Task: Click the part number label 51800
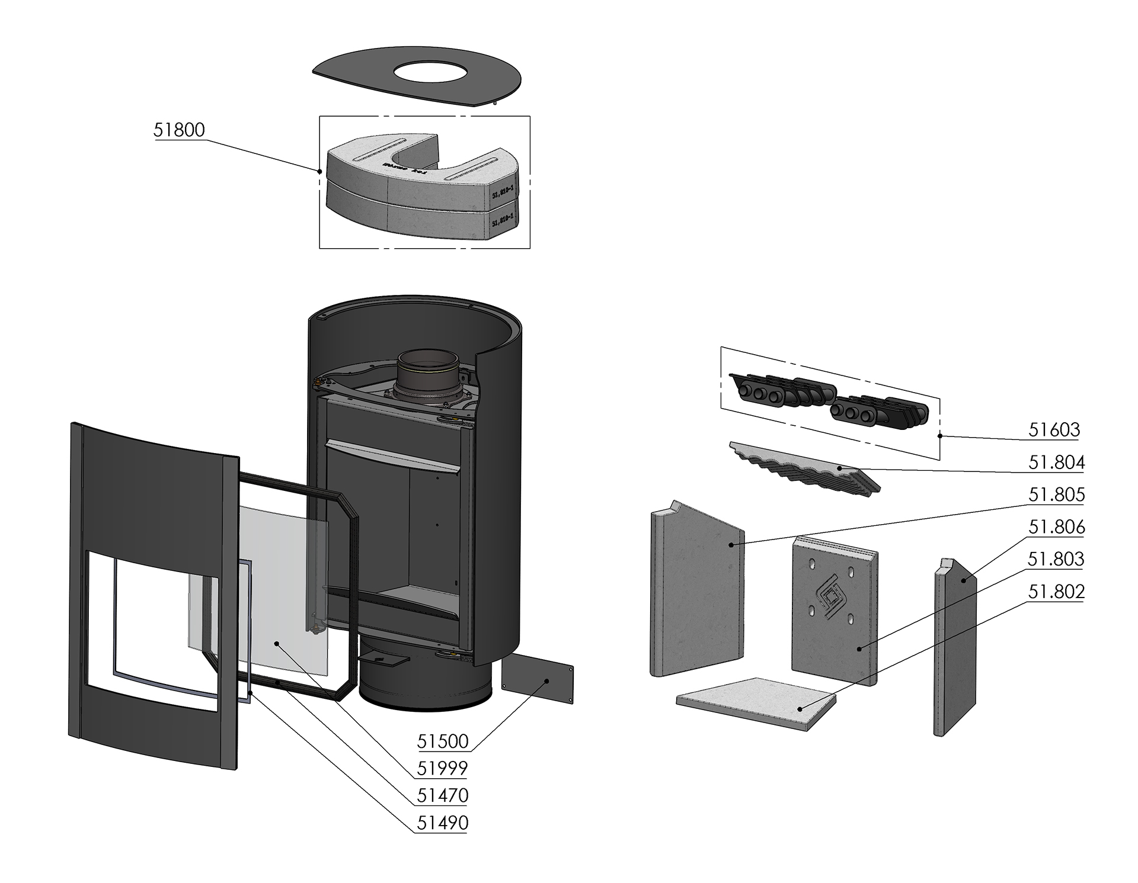tap(179, 130)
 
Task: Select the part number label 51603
tap(1054, 429)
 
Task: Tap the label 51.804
tap(1056, 462)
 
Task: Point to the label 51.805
tap(1056, 495)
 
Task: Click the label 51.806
tap(1056, 526)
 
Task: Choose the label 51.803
tap(1056, 559)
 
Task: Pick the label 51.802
tap(1056, 592)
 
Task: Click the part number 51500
tap(443, 741)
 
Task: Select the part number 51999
tap(443, 768)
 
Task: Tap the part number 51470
tap(443, 795)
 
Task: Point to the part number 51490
tap(443, 823)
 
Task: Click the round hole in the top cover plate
tap(431, 73)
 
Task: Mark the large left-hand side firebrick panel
tap(696, 592)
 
